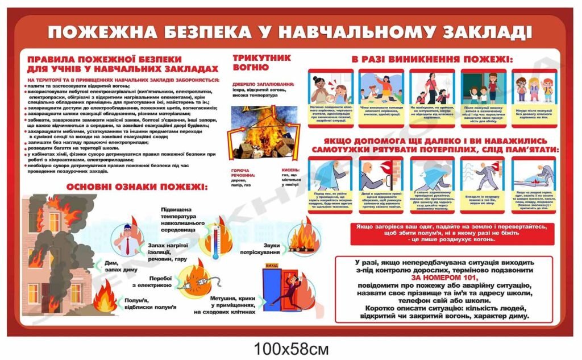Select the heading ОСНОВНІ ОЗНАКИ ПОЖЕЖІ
point(136,187)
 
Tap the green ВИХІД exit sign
point(272,266)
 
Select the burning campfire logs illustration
point(301,239)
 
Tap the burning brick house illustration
point(57,256)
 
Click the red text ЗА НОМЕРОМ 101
point(444,278)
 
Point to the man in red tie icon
point(126,239)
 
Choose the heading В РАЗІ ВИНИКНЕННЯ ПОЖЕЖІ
point(431,59)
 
